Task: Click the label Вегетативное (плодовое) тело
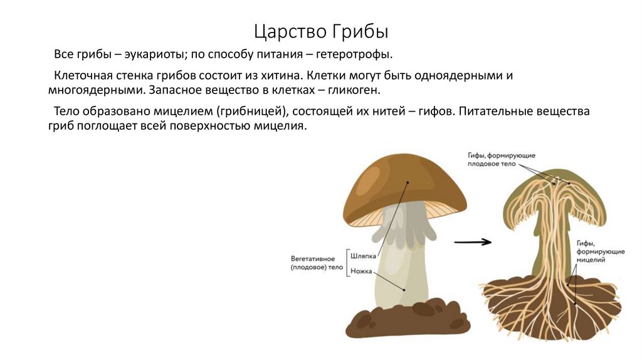pyautogui.click(x=317, y=263)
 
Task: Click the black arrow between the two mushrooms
pyautogui.click(x=473, y=241)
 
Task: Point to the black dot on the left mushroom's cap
pyautogui.click(x=408, y=183)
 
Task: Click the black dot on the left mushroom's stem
pyautogui.click(x=404, y=290)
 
